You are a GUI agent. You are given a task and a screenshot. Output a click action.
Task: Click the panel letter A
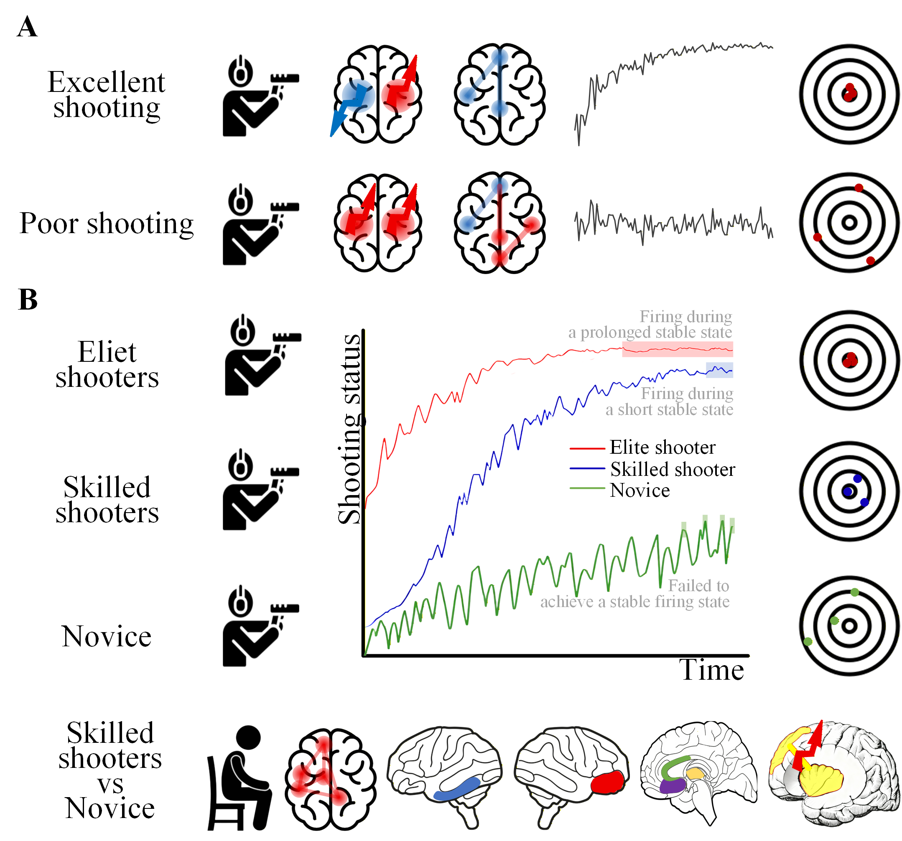click(x=27, y=27)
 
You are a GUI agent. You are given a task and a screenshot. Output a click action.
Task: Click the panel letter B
click(x=28, y=300)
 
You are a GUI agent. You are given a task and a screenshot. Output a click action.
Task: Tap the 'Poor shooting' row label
click(x=107, y=224)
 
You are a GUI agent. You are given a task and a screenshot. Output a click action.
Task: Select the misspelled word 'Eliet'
click(x=107, y=352)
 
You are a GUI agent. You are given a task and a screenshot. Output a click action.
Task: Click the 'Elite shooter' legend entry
click(x=662, y=448)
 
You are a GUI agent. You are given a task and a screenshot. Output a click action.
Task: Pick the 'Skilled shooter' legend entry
click(x=672, y=470)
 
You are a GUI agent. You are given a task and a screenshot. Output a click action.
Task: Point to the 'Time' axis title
click(x=711, y=670)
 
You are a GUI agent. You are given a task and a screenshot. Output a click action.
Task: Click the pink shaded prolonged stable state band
click(x=677, y=349)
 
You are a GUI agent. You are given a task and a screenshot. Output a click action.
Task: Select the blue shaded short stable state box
click(x=719, y=370)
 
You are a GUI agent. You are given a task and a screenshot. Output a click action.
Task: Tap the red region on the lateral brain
click(x=609, y=782)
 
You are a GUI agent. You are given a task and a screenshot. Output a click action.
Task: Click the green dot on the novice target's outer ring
click(x=808, y=641)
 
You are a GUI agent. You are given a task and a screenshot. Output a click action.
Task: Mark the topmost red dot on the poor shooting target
click(x=859, y=188)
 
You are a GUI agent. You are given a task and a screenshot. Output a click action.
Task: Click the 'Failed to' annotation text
click(x=698, y=586)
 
